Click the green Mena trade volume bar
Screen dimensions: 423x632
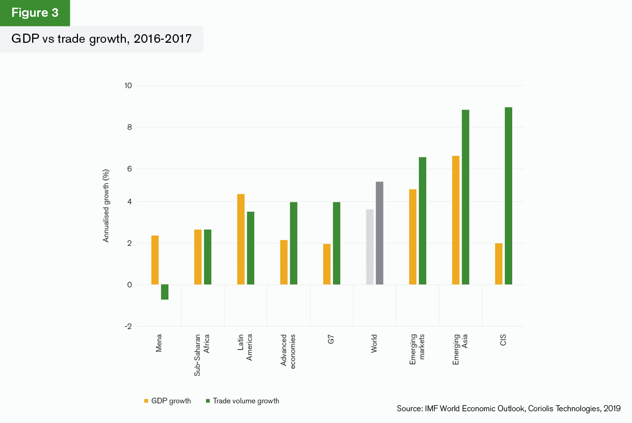click(x=165, y=292)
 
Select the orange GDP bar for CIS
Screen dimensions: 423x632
click(x=498, y=264)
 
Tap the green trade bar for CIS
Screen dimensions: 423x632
click(x=508, y=196)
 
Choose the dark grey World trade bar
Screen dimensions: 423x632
click(x=379, y=233)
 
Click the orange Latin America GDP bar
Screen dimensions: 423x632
click(x=241, y=239)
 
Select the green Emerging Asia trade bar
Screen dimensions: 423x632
click(x=465, y=197)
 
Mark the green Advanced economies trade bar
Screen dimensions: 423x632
click(x=294, y=243)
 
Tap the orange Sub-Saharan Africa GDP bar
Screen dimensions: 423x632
click(x=198, y=257)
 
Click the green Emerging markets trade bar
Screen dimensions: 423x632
click(x=423, y=221)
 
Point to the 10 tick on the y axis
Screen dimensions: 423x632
click(x=127, y=86)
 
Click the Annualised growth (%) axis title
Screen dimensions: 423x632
click(x=107, y=205)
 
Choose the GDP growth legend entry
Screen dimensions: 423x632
click(x=168, y=401)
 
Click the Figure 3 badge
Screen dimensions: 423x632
click(x=35, y=13)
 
